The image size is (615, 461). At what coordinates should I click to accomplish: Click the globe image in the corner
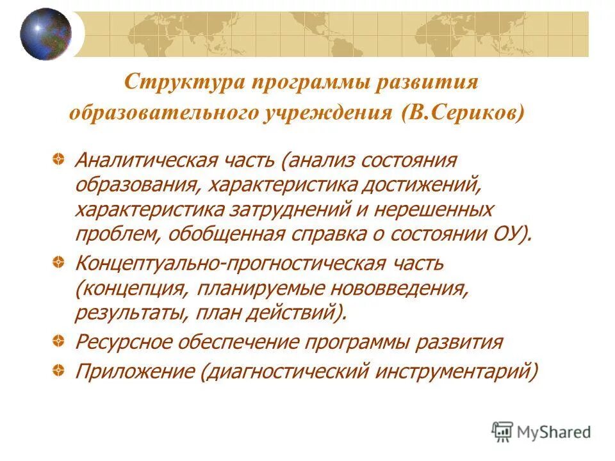(x=45, y=34)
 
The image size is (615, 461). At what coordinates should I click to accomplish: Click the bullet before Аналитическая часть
(x=58, y=158)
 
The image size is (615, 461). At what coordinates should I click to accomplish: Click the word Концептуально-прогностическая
(x=230, y=264)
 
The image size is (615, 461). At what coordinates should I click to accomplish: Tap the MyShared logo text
(x=555, y=433)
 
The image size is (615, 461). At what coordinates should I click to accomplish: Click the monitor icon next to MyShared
(x=503, y=432)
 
